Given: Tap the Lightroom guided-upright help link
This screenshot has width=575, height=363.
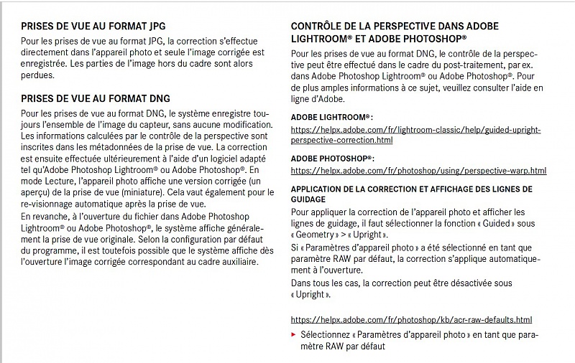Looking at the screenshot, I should [415, 135].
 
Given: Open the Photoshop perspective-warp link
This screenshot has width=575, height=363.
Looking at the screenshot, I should [418, 171].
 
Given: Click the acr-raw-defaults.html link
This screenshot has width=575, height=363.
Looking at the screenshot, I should [411, 319].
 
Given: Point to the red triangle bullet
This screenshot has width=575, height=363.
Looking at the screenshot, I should [293, 334].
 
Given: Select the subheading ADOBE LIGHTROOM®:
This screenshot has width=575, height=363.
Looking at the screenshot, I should [331, 116].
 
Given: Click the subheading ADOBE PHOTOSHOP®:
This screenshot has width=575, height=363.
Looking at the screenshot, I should [333, 158].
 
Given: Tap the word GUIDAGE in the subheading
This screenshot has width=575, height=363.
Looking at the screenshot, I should [308, 199].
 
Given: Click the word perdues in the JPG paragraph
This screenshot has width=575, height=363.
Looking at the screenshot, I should [37, 75].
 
